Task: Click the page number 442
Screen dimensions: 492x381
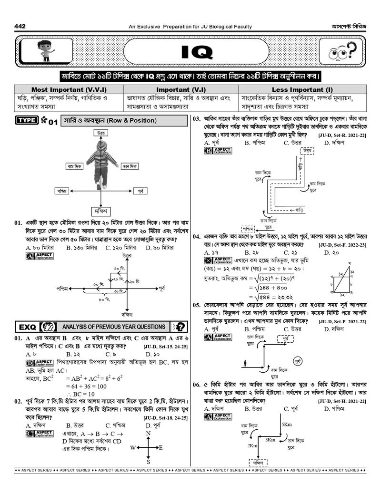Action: tap(20, 26)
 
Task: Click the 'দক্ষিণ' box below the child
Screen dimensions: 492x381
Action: tap(100, 210)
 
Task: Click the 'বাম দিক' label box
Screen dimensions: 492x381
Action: tap(75, 166)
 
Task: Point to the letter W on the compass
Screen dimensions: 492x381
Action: tap(133, 448)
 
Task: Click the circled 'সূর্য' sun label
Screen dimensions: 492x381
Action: tap(297, 362)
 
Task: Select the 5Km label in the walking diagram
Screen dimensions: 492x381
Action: tap(287, 424)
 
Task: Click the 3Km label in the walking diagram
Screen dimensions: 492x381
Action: tap(271, 440)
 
